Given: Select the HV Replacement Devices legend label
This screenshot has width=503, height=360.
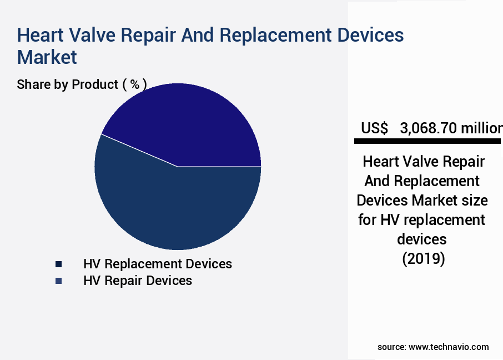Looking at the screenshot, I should click(x=157, y=263).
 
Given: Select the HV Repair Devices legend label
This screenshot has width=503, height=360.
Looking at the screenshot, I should click(x=137, y=281).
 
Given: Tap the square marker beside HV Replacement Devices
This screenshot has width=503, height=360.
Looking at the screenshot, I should click(x=58, y=264).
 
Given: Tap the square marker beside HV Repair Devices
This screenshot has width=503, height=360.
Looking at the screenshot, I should click(x=58, y=281).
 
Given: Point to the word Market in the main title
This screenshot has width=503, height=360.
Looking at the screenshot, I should click(x=47, y=57).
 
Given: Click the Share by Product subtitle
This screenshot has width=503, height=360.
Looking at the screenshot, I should click(x=68, y=84).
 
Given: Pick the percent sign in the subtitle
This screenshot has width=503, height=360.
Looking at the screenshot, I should click(x=134, y=84).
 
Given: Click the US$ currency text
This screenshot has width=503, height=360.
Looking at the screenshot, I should click(x=374, y=128).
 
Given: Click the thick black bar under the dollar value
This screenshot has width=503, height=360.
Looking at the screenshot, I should click(x=427, y=141).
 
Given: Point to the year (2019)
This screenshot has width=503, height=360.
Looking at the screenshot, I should click(x=423, y=259).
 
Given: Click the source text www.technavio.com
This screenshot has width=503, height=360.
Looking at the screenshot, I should click(x=449, y=347).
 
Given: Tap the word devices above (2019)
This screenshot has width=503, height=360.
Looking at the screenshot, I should click(x=422, y=239).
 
